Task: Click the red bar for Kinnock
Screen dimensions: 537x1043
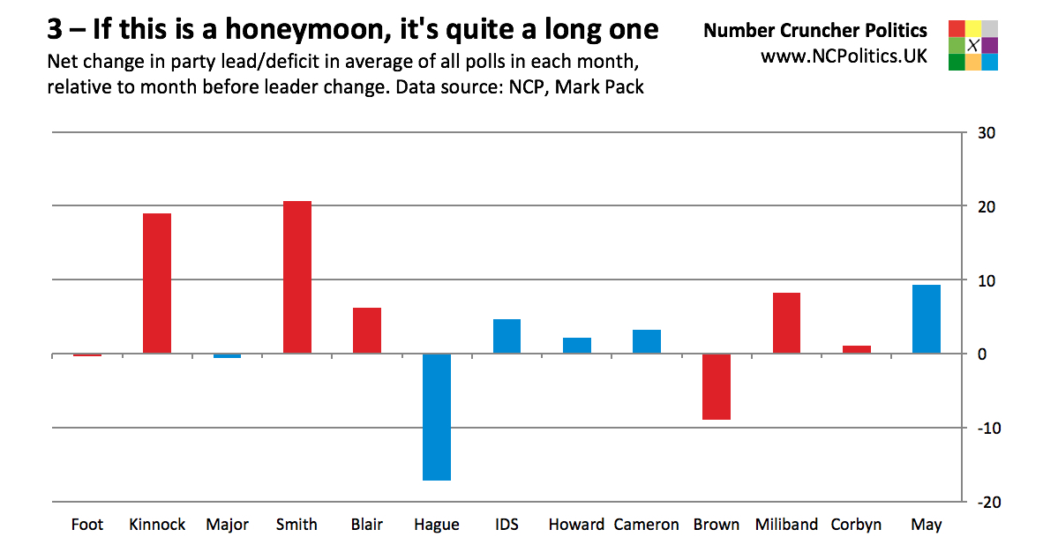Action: point(156,283)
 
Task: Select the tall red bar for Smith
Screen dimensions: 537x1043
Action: point(296,277)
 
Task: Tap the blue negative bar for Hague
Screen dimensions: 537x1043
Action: point(437,417)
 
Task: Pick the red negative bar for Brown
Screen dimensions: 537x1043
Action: point(717,387)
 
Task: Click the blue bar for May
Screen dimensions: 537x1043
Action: point(926,319)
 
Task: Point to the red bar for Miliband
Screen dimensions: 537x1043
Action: point(786,323)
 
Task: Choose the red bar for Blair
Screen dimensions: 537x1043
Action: point(366,331)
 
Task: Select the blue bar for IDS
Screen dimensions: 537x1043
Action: point(506,336)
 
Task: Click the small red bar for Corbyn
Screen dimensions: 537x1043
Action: point(856,349)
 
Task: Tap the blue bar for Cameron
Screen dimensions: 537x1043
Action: point(647,341)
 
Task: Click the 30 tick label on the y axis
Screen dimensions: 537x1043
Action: point(986,133)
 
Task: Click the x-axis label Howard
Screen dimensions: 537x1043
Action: point(576,525)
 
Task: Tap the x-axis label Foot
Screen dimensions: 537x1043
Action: point(87,525)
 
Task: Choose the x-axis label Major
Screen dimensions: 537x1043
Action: point(227,525)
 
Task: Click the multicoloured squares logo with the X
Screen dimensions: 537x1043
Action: point(972,45)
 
